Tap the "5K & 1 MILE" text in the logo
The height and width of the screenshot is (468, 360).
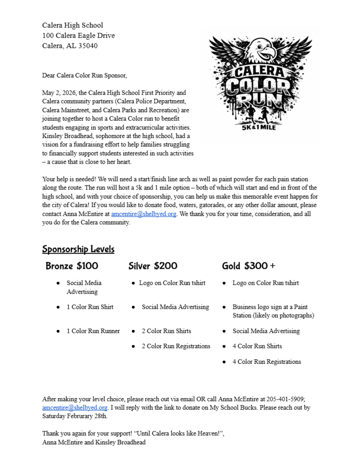point(259,127)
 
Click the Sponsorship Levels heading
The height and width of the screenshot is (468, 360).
point(78,249)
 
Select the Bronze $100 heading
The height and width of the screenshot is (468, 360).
point(72,266)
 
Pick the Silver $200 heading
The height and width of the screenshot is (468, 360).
point(153,266)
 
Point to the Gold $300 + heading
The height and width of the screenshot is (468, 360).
point(249,266)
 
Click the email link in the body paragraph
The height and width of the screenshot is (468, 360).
point(143,214)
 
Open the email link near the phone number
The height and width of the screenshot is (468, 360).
point(75,407)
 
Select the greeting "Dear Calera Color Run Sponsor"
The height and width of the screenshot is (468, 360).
point(85,75)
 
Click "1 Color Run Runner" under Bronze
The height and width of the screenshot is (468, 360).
point(93,331)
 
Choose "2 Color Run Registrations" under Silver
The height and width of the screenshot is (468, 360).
point(176,346)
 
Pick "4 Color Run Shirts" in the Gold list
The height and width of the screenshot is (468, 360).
point(257,346)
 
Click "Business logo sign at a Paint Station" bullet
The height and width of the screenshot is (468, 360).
point(273,311)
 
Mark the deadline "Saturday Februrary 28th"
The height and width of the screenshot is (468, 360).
point(75,416)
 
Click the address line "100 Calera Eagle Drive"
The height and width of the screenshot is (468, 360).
point(79,35)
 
